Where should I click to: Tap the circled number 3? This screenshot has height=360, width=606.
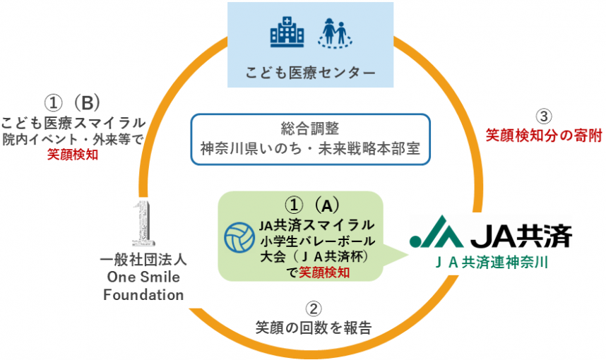click(544, 115)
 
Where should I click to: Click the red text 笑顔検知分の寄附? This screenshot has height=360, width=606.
click(543, 135)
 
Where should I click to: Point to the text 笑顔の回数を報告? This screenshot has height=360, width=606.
click(314, 328)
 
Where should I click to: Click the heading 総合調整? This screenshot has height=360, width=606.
click(309, 129)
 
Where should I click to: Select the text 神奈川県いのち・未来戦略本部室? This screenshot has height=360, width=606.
click(310, 149)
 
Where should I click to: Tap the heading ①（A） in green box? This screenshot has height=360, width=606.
click(308, 205)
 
